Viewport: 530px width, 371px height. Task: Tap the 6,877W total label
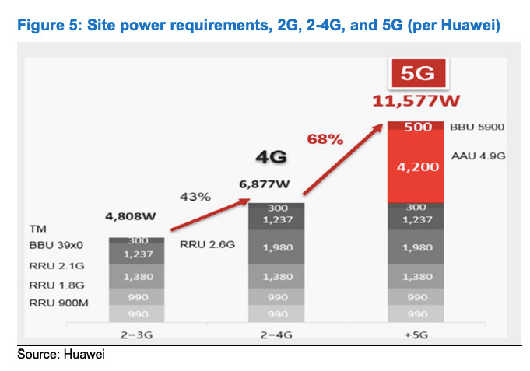point(265,187)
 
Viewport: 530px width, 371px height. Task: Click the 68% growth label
point(325,139)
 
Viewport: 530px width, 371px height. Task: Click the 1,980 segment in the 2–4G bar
point(276,247)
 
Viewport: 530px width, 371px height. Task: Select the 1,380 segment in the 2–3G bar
point(136,276)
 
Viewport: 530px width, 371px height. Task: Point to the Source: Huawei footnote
point(61,355)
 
